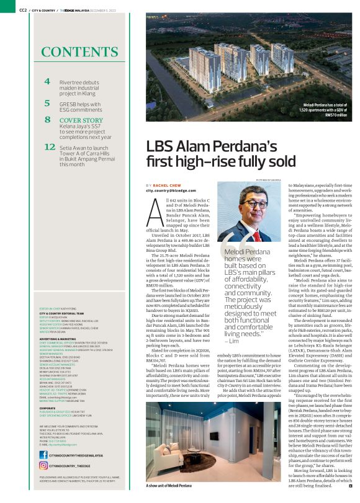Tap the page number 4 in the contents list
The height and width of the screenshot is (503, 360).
click(x=47, y=81)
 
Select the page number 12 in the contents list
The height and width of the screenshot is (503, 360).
click(x=50, y=147)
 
